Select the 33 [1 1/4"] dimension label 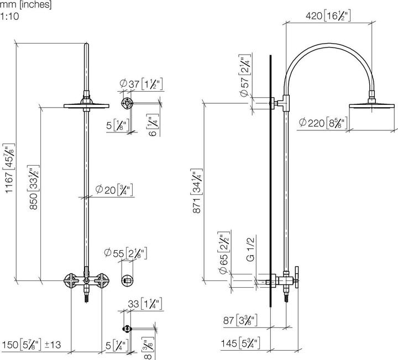point(143,303)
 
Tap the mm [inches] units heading point(26,5)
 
